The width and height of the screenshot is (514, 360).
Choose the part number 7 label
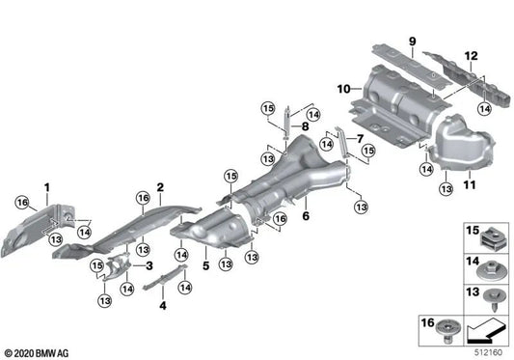pos(361,138)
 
